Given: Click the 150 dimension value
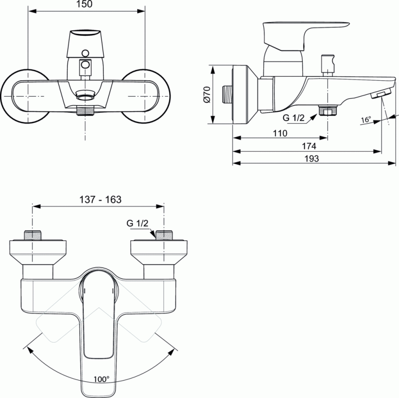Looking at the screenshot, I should coord(87,4).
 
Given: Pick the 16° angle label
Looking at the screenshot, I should coord(366,120).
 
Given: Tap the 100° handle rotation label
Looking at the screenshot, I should coord(100,380).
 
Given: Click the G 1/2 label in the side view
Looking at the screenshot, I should coord(293,118).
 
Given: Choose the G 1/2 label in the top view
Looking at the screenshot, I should coord(137,223).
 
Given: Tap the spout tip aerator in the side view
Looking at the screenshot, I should coord(381,93).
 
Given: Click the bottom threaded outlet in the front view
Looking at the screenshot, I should coord(86,110).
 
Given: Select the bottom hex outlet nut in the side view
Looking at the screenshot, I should coord(327,110).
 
